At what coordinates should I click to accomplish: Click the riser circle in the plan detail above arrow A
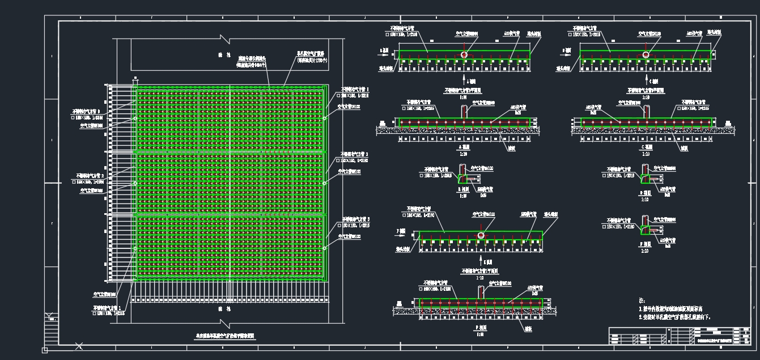pyautogui.click(x=464, y=54)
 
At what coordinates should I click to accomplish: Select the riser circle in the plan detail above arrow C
pyautogui.click(x=645, y=54)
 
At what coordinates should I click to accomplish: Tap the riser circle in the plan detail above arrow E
pyautogui.click(x=481, y=235)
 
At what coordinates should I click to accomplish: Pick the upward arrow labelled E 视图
pyautogui.click(x=481, y=261)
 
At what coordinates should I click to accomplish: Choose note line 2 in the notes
pyautogui.click(x=674, y=317)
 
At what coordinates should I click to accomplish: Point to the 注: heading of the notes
pyautogui.click(x=642, y=300)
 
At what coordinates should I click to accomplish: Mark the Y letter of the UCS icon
pyautogui.click(x=49, y=316)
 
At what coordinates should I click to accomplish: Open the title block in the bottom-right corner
pyautogui.click(x=678, y=336)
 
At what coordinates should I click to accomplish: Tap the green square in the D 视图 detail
pyautogui.click(x=645, y=179)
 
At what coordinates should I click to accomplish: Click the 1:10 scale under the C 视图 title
pyautogui.click(x=645, y=153)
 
